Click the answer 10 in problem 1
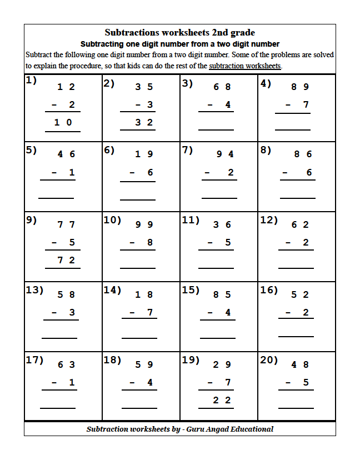[x=63, y=122]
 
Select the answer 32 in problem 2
[x=144, y=122]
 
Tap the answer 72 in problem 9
[x=66, y=260]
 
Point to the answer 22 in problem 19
[x=222, y=400]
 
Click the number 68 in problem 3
[x=222, y=87]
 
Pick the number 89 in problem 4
[x=300, y=87]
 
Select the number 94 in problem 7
[x=225, y=154]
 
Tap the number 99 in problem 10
[x=144, y=224]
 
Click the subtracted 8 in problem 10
[x=149, y=242]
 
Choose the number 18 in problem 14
[x=144, y=294]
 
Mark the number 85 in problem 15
[x=222, y=294]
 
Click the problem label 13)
[x=34, y=289]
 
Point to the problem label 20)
[x=269, y=359]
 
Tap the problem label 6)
[x=109, y=149]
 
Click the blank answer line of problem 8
[x=297, y=198]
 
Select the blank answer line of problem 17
[x=57, y=408]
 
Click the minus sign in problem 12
[x=288, y=242]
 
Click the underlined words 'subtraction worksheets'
[x=245, y=66]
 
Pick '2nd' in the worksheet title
[x=218, y=33]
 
